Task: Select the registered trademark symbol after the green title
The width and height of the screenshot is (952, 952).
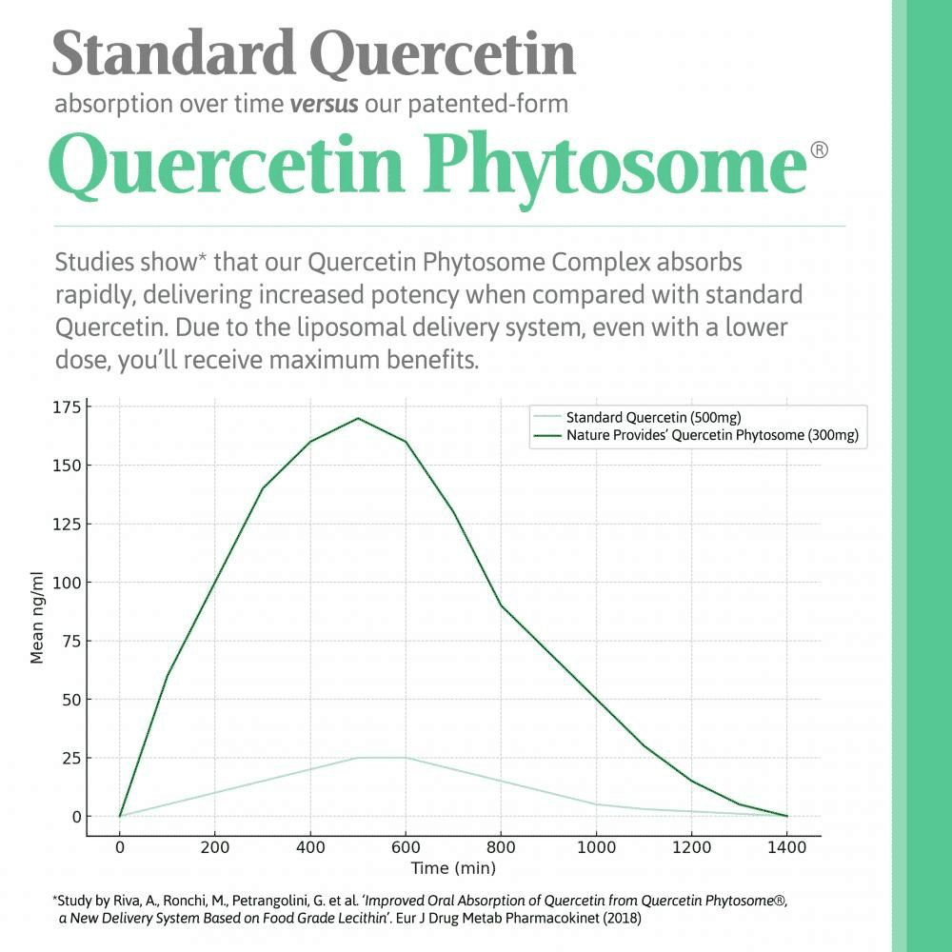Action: (x=819, y=150)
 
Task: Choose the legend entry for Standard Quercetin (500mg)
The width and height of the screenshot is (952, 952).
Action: (x=653, y=417)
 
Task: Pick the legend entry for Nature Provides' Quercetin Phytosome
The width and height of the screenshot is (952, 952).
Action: (x=714, y=436)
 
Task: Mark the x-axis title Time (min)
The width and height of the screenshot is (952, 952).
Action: (x=453, y=868)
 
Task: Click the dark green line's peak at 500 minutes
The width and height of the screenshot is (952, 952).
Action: (x=358, y=418)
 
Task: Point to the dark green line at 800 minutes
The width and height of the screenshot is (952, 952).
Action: (x=501, y=605)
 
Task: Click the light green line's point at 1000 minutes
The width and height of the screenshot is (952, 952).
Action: (x=596, y=804)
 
